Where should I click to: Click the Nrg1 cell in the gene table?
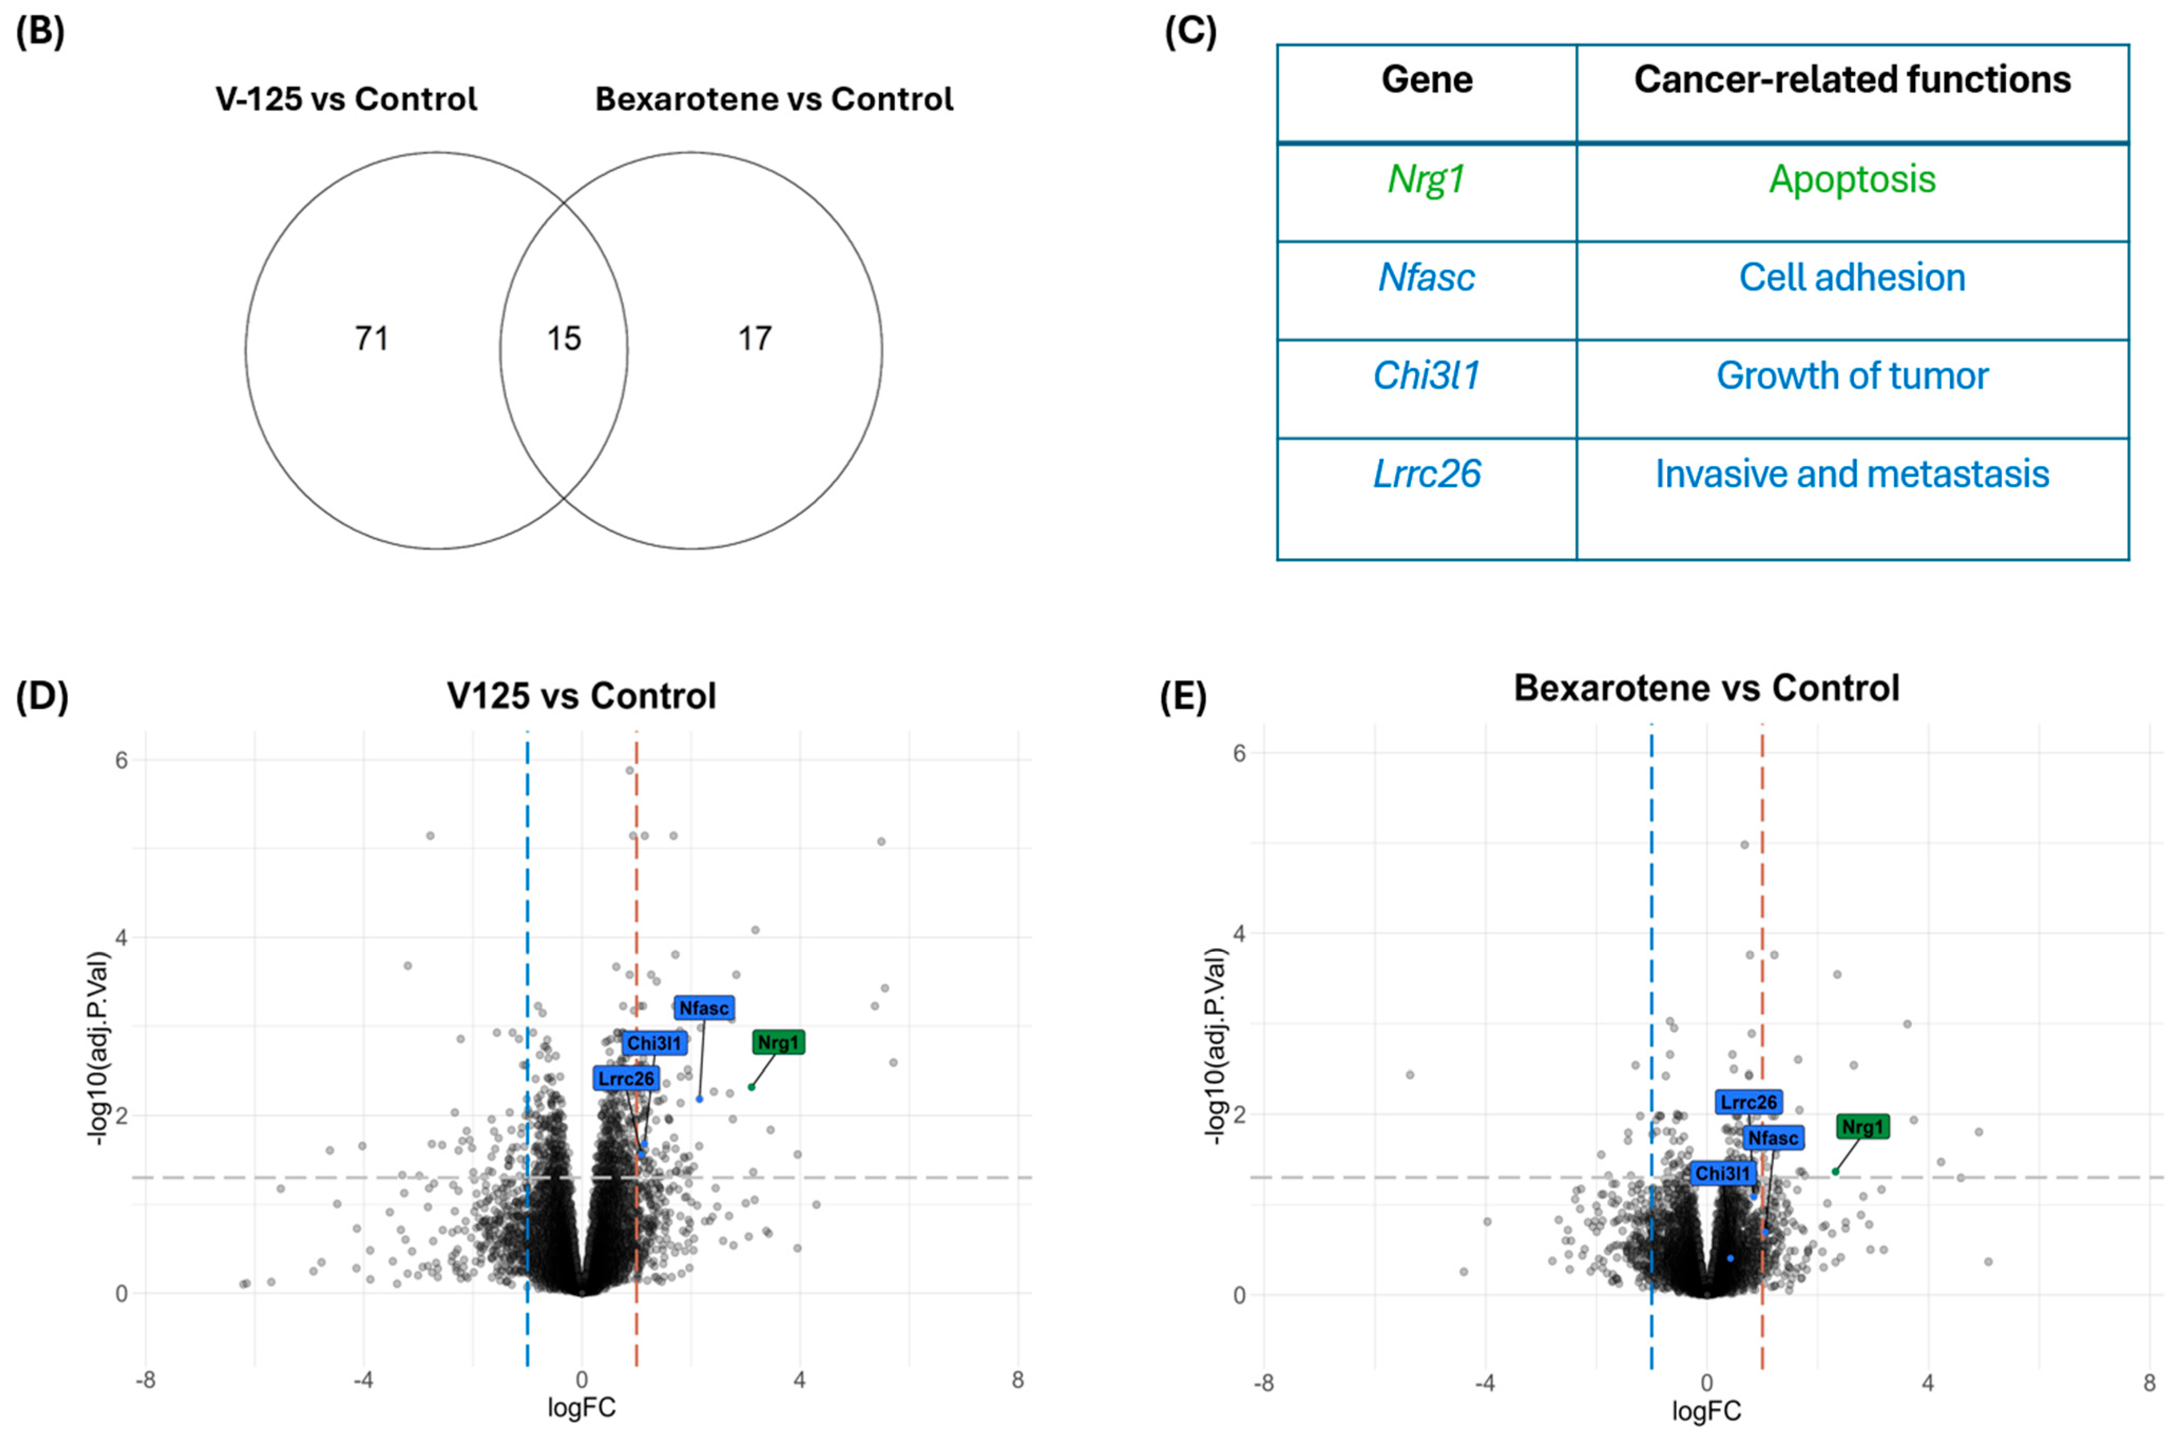pos(1426,179)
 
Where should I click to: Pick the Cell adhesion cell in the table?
pos(1851,278)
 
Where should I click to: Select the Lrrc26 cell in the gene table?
pos(1426,475)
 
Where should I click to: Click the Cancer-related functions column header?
pos(1851,80)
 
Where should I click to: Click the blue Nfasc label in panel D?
pos(704,1008)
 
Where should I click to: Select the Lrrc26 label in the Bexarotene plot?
pos(1748,1102)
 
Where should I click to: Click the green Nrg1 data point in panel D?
pos(751,1088)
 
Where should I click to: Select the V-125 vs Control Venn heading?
pos(346,99)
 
